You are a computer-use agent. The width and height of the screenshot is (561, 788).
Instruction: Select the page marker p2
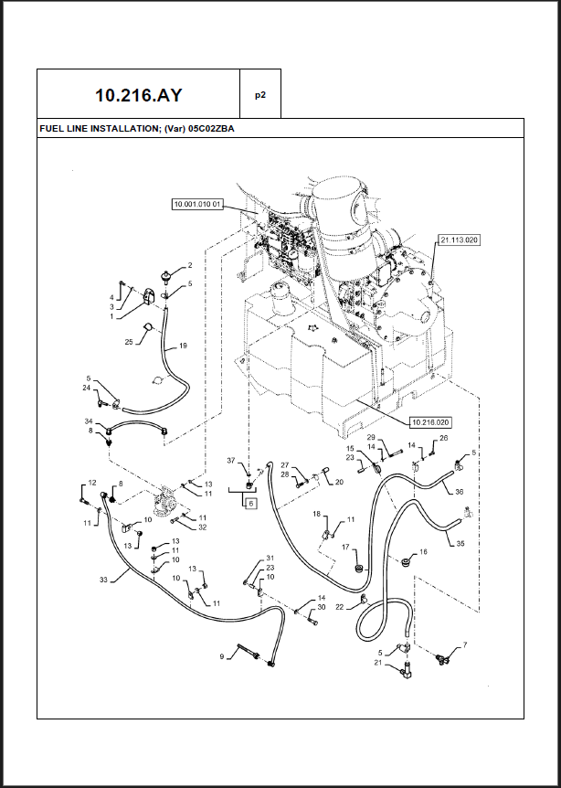pos(259,94)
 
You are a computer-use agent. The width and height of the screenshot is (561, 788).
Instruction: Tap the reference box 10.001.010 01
pos(197,204)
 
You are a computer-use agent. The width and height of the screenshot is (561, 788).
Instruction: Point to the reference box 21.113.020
pos(459,240)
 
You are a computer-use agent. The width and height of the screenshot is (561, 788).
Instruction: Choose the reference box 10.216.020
pos(432,421)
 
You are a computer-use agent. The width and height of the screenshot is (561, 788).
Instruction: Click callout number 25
pos(129,341)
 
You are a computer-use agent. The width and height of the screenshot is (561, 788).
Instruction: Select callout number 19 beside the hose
pos(183,346)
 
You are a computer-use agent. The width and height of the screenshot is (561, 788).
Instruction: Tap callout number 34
pos(89,421)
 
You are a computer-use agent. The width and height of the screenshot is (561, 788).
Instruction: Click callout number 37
pos(231,460)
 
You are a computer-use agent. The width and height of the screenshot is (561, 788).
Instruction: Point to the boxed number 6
pos(249,502)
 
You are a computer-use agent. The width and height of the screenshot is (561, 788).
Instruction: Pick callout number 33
pos(103,579)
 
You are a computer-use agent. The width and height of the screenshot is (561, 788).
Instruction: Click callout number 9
pos(221,656)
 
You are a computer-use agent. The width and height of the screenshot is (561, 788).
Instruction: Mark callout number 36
pos(459,492)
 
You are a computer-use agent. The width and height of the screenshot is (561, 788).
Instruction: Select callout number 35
pos(459,543)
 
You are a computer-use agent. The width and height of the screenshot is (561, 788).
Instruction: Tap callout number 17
pos(346,548)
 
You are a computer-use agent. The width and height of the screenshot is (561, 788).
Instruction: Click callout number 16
pos(422,552)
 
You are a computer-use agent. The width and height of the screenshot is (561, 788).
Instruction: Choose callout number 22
pos(340,607)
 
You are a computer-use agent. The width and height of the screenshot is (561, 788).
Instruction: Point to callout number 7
pos(464,646)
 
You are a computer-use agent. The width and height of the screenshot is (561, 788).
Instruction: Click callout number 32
pos(202,527)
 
